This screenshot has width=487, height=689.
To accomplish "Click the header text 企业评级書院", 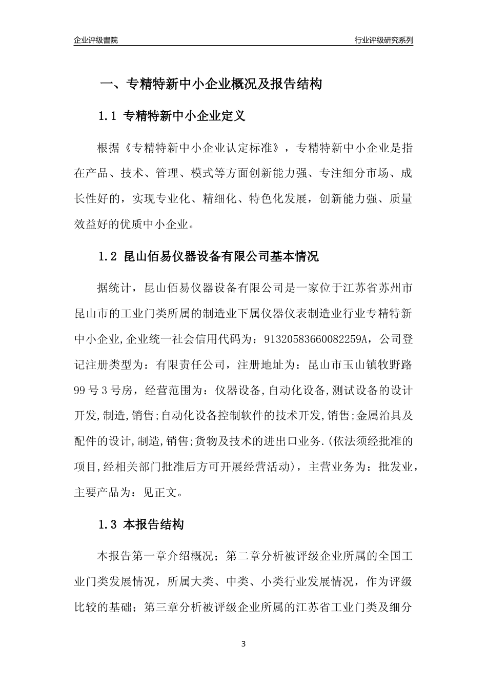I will (x=96, y=40).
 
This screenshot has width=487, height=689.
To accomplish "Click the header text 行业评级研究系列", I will (x=383, y=40).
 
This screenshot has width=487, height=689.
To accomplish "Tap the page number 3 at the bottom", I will (x=243, y=644).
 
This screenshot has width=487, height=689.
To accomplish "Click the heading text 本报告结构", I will (x=154, y=524).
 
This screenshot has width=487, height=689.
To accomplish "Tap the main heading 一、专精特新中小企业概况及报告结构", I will (x=211, y=84).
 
